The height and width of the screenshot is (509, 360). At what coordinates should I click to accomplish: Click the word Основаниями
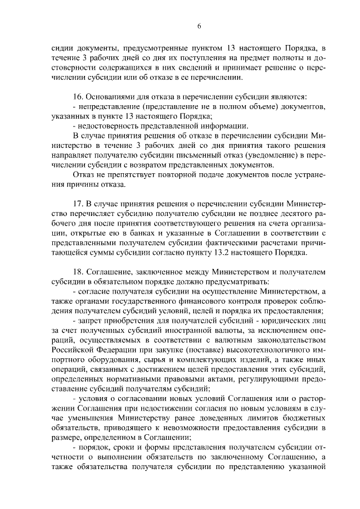click(x=113, y=96)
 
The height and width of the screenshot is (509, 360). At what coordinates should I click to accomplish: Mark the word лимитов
click(x=251, y=419)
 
